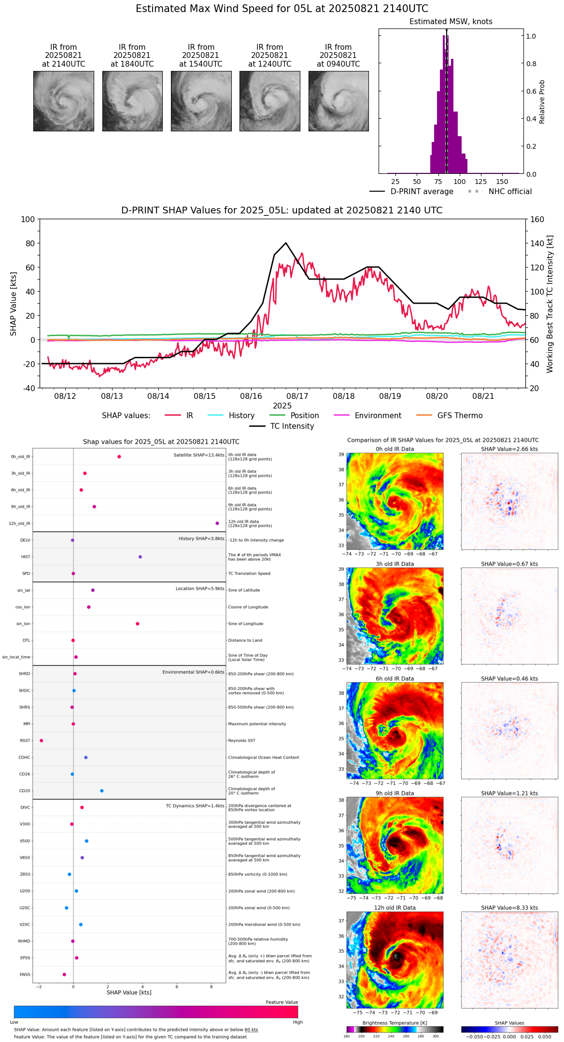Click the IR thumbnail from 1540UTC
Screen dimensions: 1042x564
[201, 101]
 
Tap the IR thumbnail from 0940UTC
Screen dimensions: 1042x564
[338, 101]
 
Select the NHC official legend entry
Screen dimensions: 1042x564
[510, 192]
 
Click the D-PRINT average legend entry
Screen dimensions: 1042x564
[422, 192]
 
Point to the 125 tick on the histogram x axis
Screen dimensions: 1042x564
[480, 182]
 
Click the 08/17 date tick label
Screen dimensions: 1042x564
[297, 396]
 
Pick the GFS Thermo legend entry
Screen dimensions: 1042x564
[460, 415]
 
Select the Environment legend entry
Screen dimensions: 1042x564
[378, 415]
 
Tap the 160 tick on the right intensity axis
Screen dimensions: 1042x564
[537, 219]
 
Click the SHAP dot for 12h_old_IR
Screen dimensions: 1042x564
[217, 523]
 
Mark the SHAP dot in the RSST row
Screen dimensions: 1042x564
[42, 740]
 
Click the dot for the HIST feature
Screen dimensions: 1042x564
[140, 557]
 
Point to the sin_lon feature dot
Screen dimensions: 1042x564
[138, 623]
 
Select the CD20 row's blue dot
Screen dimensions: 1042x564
[102, 790]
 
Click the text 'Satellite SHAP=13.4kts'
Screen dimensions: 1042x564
[199, 455]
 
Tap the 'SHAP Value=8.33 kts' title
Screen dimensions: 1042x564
[509, 908]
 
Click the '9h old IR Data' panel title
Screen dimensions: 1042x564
[395, 793]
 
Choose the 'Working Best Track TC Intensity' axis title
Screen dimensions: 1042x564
[550, 304]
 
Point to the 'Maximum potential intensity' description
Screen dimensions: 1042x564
[257, 724]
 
